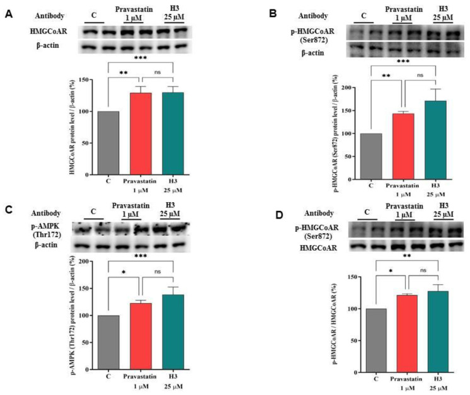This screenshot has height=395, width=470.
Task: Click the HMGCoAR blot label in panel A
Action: tap(40, 30)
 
